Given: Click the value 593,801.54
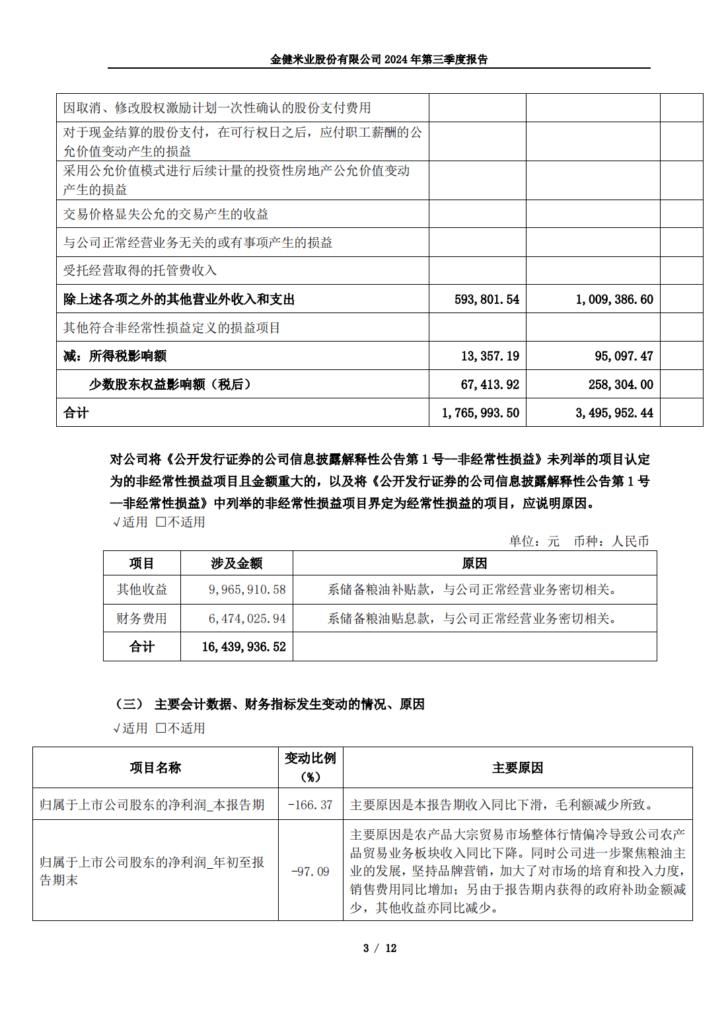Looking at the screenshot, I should (487, 299).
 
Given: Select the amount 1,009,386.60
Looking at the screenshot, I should (614, 299).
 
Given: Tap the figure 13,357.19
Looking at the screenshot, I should (490, 356).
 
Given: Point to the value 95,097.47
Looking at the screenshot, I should (624, 356).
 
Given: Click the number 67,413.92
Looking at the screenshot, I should (490, 385).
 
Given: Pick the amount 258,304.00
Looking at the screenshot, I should (620, 385).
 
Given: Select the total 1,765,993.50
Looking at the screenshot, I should (480, 413).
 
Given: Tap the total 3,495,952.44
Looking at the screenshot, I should (614, 413).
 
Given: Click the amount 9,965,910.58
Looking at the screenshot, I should (247, 589).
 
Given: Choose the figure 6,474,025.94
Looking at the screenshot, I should (247, 618).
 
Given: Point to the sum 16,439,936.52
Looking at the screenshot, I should (244, 647).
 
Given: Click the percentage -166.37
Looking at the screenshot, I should (310, 805).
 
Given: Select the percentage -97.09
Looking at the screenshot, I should (310, 871).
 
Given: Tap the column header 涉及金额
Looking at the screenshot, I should (237, 563).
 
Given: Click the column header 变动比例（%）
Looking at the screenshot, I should (310, 767).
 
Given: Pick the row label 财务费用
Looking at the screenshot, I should (141, 618).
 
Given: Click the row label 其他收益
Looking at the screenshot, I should (141, 589).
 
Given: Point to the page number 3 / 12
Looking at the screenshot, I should (379, 948).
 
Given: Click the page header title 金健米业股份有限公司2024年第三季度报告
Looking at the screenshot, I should (379, 59).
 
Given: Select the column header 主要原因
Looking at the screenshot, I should (517, 768).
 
